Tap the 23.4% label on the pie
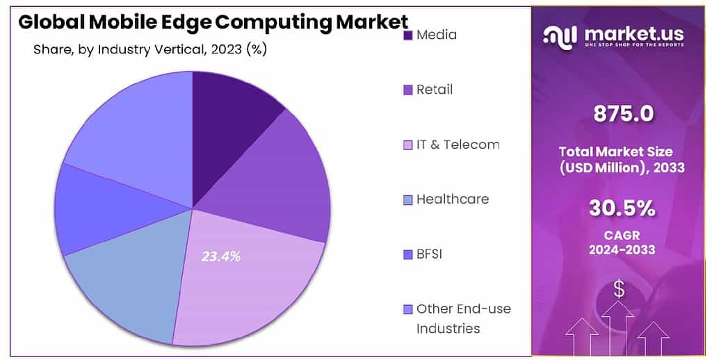click(221, 256)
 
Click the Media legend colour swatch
click(408, 35)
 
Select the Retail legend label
click(434, 90)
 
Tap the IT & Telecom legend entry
click(458, 145)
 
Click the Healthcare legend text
click(452, 199)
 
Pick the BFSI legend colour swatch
click(408, 254)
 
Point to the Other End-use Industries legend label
click(462, 318)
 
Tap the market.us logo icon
click(560, 35)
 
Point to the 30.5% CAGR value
click(622, 208)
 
